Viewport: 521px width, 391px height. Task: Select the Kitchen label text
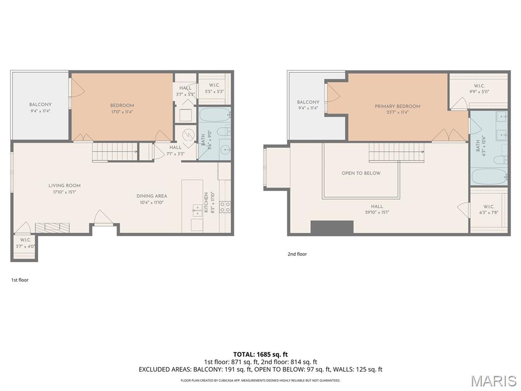[206, 202]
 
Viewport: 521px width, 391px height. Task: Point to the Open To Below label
[361, 173]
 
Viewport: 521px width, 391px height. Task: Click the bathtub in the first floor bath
[214, 115]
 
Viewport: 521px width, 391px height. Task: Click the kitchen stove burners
[225, 207]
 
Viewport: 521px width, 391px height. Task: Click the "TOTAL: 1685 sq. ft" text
[260, 354]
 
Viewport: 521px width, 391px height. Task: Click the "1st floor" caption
[20, 280]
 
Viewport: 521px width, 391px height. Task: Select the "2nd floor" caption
[297, 254]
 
